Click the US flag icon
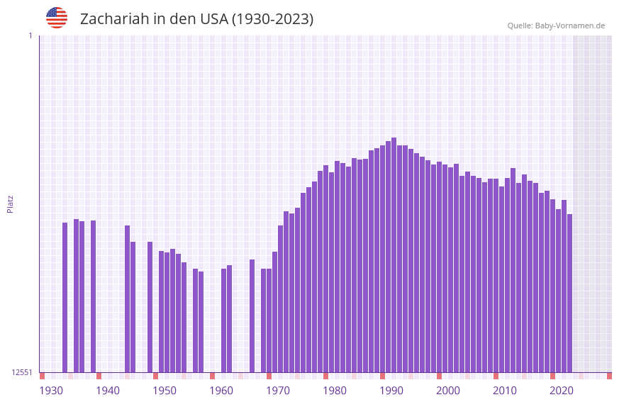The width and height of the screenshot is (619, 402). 57,18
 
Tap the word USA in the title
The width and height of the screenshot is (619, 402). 214,19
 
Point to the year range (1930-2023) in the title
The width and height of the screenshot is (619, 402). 272,19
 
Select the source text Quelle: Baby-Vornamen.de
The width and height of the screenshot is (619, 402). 556,26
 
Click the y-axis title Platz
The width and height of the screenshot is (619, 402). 10,203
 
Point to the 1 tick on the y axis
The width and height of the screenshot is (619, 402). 30,35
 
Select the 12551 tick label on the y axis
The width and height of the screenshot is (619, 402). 22,372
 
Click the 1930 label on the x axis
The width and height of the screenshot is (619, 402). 51,390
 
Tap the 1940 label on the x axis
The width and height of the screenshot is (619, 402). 108,390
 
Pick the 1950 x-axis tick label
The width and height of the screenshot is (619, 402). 164,390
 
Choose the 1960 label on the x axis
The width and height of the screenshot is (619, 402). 221,390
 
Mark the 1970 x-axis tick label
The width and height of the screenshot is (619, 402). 278,390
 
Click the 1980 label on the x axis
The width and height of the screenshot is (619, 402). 335,390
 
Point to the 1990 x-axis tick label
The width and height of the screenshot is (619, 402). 391,390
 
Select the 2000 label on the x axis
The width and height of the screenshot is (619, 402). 448,390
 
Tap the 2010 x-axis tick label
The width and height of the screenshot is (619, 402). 505,390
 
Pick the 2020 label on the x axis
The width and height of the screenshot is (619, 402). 562,390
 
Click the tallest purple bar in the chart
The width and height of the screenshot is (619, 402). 394,255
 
